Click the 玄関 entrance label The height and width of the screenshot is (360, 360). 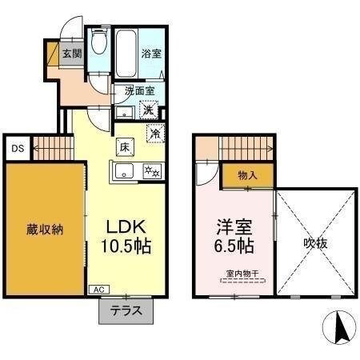click(72, 54)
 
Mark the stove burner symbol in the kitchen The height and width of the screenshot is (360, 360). click(151, 170)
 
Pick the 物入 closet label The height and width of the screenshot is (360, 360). click(247, 174)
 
